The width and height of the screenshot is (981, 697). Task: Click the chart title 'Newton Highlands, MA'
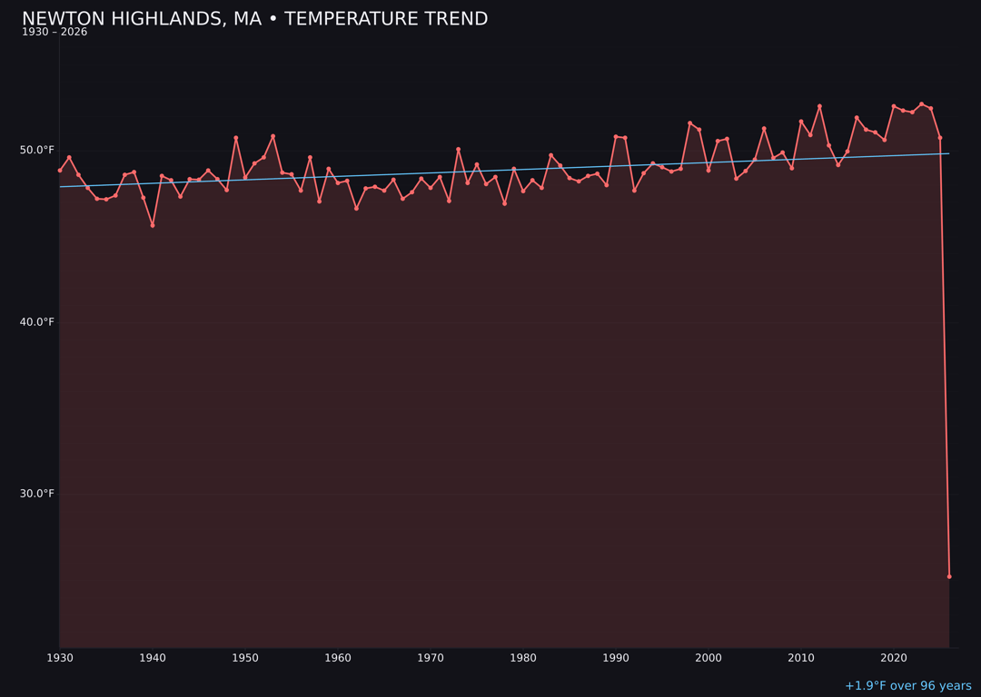click(254, 19)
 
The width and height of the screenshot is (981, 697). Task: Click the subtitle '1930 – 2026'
click(54, 33)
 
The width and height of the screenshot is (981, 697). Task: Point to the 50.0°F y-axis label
click(37, 150)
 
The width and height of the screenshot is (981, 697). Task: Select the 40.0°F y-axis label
click(37, 321)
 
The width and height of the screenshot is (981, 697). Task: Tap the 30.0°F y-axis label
click(37, 494)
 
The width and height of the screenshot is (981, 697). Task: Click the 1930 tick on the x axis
click(60, 657)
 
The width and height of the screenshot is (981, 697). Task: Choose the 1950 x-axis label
click(245, 657)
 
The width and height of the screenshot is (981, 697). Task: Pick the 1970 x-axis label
click(431, 657)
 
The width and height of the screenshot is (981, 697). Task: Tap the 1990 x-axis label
click(616, 657)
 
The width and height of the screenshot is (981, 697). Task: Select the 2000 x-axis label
click(708, 657)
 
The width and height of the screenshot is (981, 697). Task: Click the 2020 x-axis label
click(894, 657)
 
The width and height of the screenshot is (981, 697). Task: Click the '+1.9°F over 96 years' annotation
click(907, 686)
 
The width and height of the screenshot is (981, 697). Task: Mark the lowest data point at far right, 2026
click(949, 576)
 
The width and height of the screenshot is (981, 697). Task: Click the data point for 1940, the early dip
click(153, 225)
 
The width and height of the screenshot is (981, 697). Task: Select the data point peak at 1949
click(236, 138)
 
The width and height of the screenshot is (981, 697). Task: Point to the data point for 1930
click(60, 170)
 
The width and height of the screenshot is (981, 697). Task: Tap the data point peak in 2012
click(819, 106)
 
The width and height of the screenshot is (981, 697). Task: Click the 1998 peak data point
click(689, 123)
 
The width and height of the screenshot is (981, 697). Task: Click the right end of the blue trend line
click(948, 153)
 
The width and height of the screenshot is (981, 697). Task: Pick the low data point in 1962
click(356, 209)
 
